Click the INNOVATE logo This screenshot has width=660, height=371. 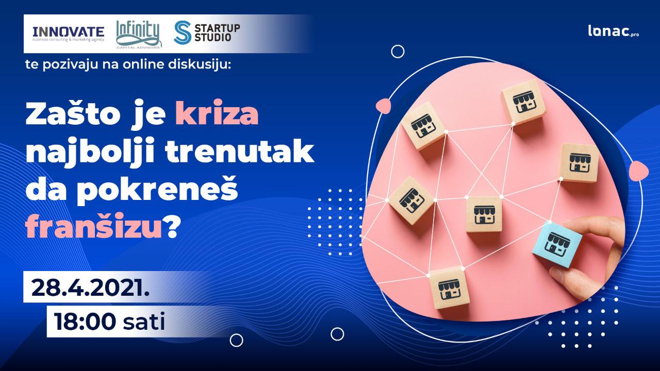pos(69,34)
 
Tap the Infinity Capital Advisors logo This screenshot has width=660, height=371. pos(139,34)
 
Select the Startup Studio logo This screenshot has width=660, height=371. pos(207,32)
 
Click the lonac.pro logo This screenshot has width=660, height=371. pos(614,31)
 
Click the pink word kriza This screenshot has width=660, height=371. pos(217,113)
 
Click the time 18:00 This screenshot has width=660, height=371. pos(84,322)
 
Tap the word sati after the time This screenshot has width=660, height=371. pos(144,322)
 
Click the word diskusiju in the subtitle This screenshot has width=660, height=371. pos(199,64)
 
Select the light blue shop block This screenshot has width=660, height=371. pos(557,245)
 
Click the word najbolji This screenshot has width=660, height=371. pos(90,153)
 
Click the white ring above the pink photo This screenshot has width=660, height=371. pos(398,52)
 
